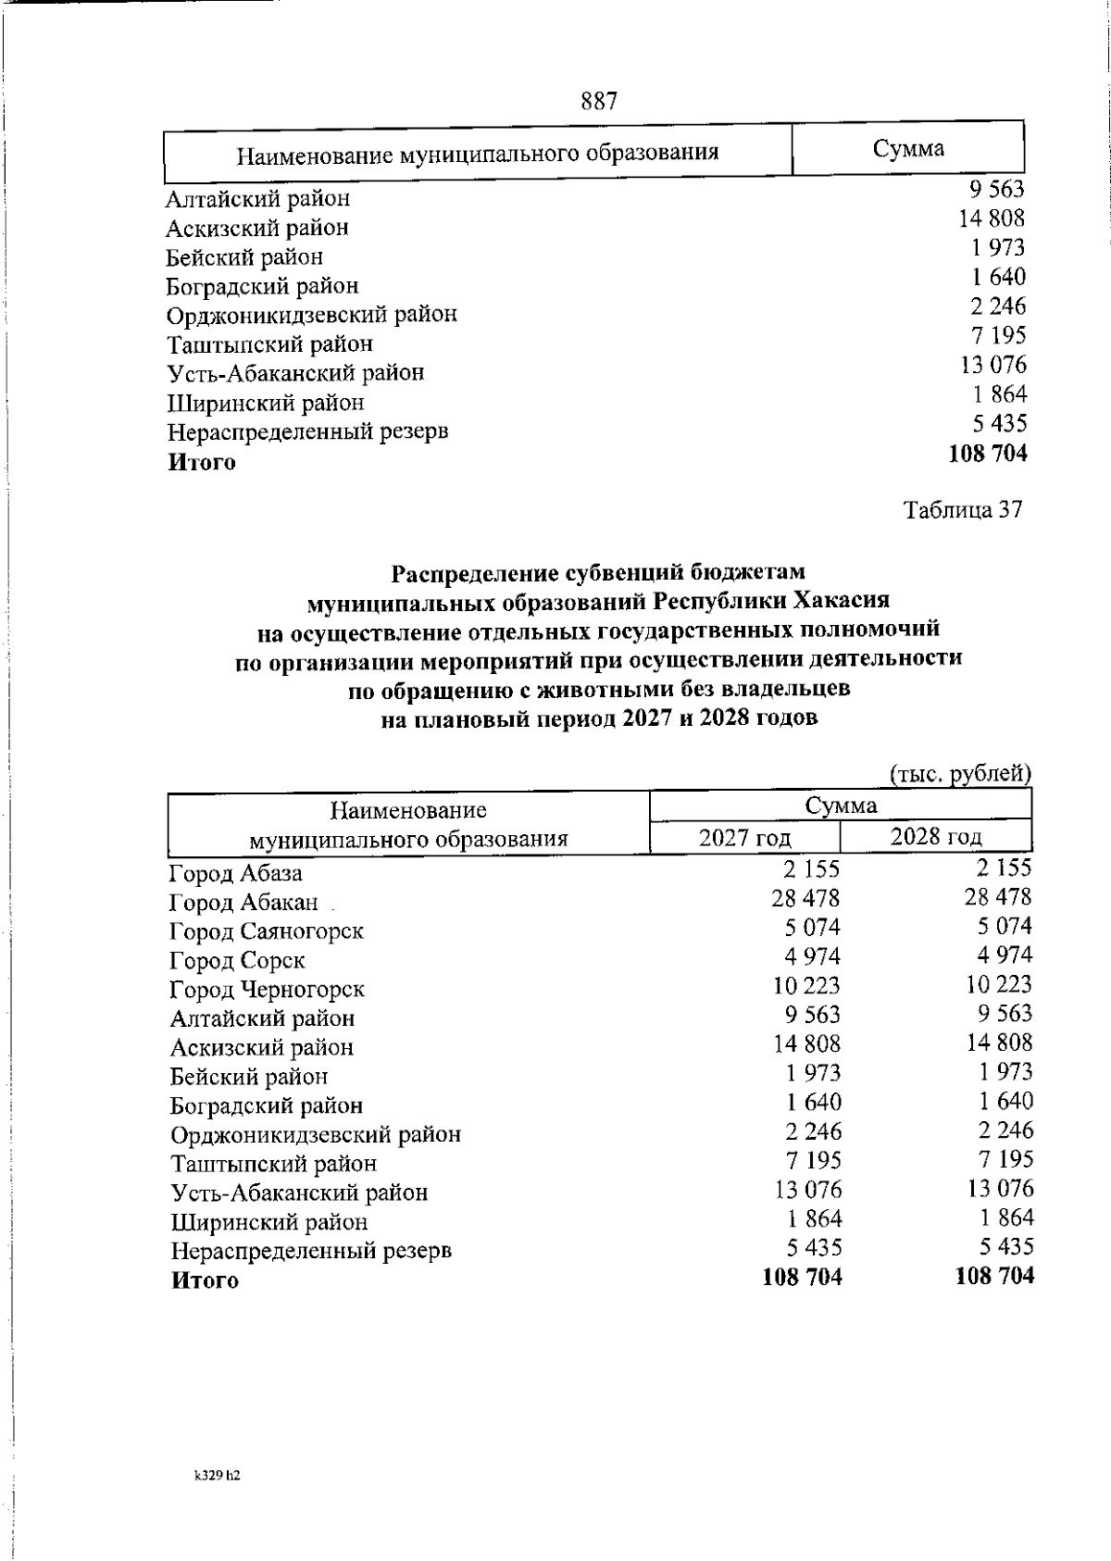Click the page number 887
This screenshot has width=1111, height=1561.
599,100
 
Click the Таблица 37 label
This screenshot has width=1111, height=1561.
963,510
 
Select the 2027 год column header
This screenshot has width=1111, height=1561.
744,838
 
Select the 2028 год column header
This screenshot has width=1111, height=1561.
935,837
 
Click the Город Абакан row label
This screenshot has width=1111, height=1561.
243,903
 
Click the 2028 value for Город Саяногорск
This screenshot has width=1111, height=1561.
1003,927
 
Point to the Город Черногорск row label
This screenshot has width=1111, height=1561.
267,990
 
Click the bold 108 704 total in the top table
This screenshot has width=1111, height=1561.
987,454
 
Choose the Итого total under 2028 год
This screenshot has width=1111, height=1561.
993,1277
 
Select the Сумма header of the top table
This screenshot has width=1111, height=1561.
907,149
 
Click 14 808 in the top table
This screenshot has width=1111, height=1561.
992,219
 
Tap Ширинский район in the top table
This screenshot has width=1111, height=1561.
266,403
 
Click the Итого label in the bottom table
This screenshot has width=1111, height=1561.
205,1281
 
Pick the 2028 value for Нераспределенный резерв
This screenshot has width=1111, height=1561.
1005,1247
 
